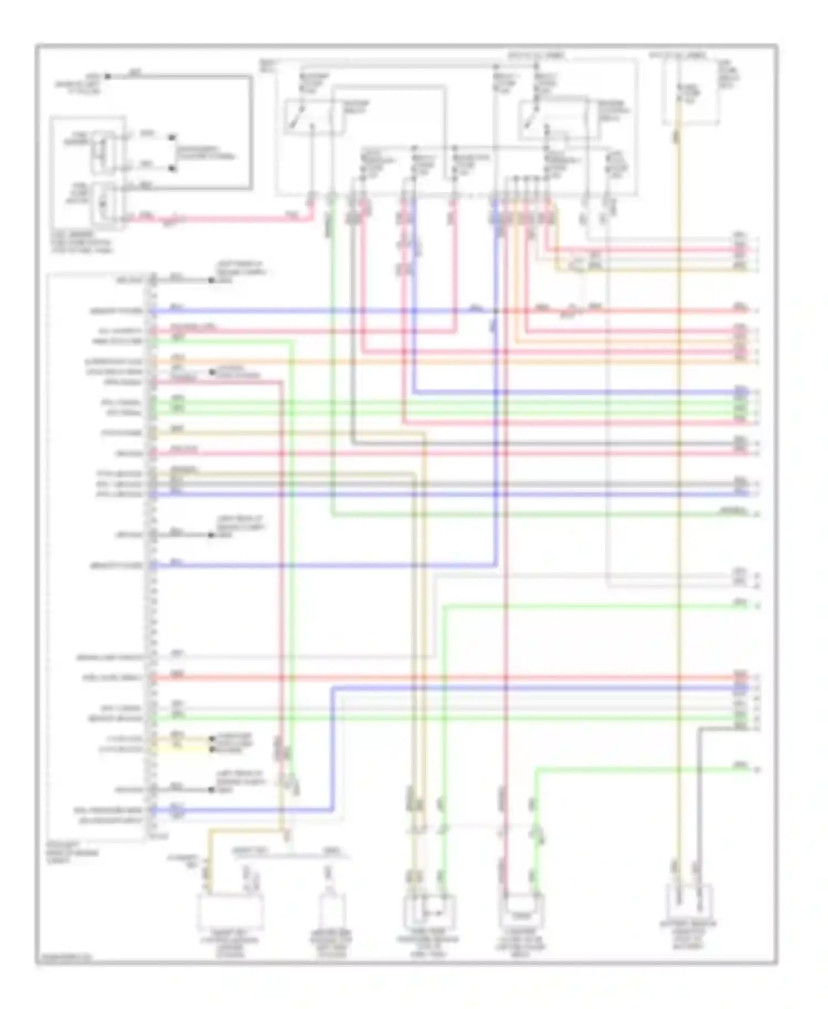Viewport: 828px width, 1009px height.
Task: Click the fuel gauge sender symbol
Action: tap(101, 149)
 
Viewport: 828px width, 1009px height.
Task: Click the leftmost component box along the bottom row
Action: tap(230, 910)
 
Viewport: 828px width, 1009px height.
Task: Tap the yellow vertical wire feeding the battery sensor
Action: tap(680, 497)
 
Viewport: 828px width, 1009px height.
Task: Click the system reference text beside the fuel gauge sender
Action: tap(204, 153)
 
